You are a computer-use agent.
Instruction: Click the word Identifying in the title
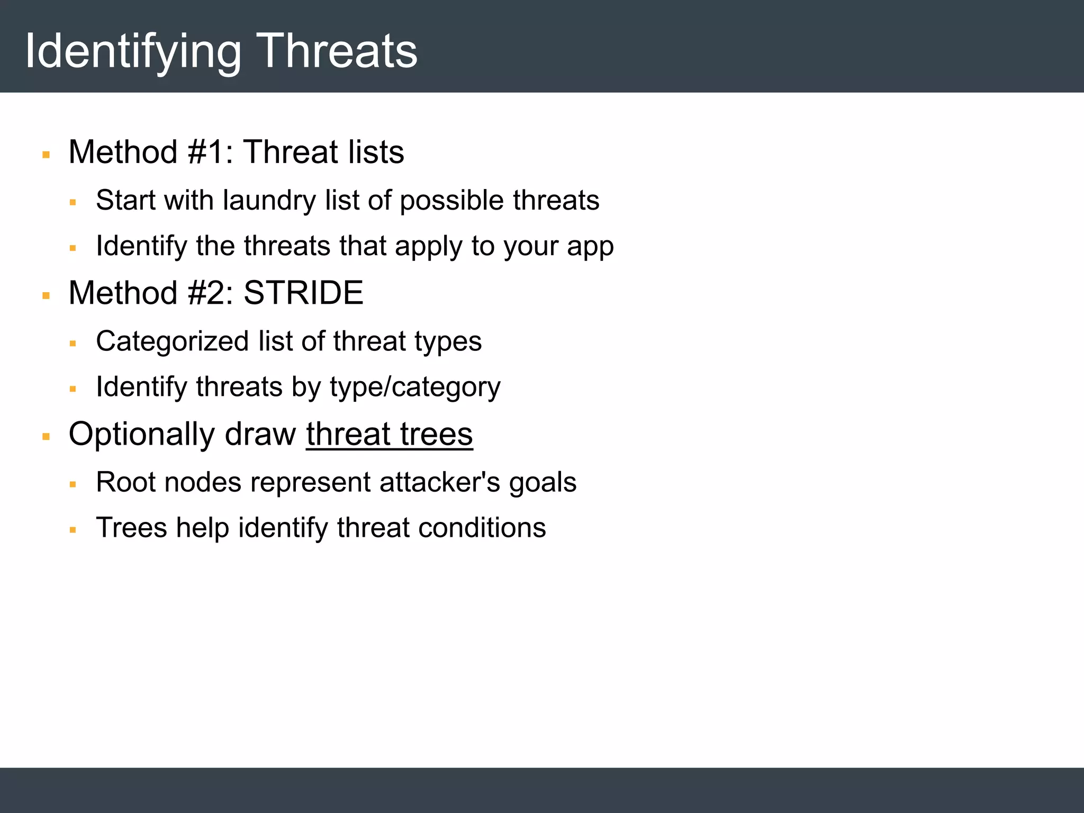point(133,52)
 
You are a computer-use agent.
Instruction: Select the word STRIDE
point(303,293)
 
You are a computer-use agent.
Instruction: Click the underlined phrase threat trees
point(389,435)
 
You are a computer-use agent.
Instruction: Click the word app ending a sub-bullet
point(590,247)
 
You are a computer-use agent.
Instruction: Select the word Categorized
point(172,341)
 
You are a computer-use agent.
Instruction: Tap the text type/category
point(415,387)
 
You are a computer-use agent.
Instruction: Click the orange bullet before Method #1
point(46,155)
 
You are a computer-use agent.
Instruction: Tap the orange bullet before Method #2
point(46,296)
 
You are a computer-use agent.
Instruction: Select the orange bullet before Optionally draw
point(46,437)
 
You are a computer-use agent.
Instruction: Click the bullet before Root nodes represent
point(73,484)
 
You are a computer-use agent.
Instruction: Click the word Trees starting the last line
point(131,528)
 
